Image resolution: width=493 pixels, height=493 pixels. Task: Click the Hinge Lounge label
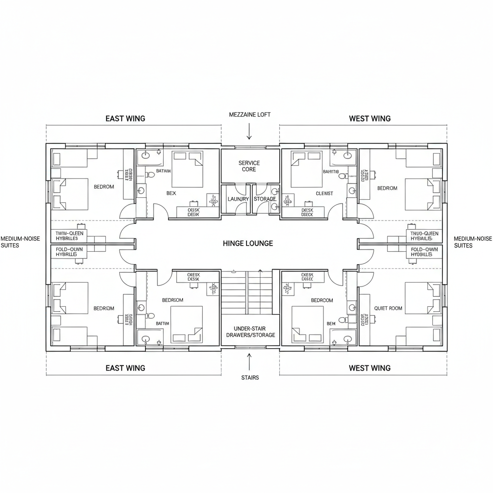(x=248, y=244)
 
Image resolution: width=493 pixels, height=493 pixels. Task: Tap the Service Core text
(x=249, y=166)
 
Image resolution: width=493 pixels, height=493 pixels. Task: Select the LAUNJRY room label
(x=238, y=199)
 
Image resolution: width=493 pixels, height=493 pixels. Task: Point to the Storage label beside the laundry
(x=265, y=199)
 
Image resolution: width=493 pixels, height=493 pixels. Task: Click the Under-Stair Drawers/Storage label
(x=250, y=331)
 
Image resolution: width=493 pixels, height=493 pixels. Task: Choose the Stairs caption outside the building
(x=250, y=377)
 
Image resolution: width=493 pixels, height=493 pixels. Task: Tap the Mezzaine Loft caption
(x=250, y=115)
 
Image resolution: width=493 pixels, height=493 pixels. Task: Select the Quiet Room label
(x=388, y=308)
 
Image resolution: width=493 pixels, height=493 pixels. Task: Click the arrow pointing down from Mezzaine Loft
(x=249, y=131)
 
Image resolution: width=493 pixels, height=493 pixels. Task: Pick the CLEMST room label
(x=324, y=194)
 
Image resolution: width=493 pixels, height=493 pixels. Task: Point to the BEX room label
(x=171, y=193)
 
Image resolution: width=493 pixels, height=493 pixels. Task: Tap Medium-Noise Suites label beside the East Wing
(x=20, y=242)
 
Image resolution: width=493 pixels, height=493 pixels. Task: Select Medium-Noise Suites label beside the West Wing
(x=473, y=242)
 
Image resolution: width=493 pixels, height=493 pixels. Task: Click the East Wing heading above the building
(x=125, y=118)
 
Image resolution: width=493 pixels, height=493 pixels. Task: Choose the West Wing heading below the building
(x=369, y=368)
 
